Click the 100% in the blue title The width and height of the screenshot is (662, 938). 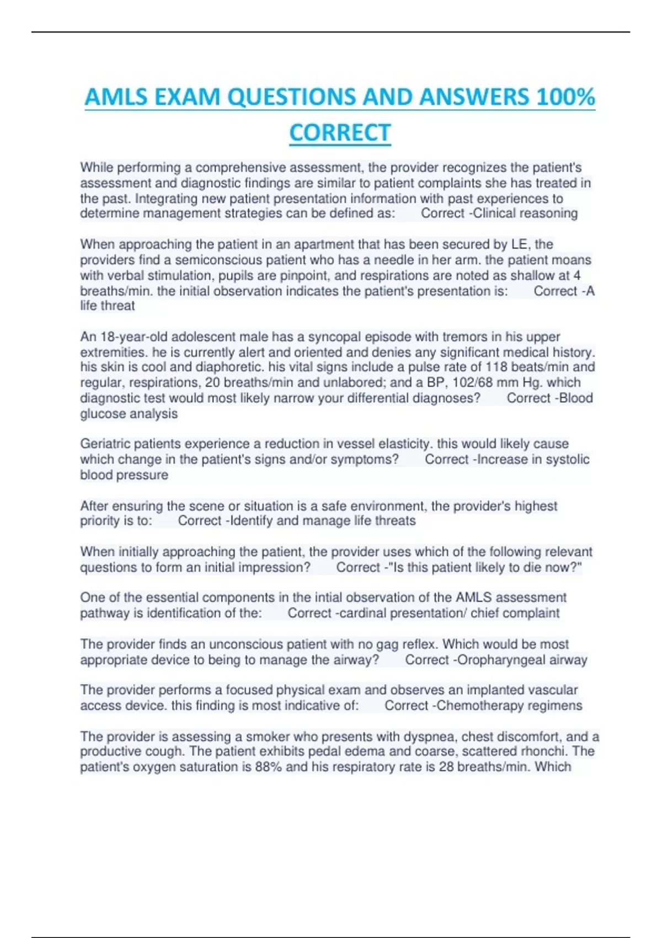pyautogui.click(x=565, y=97)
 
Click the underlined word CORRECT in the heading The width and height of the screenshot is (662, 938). pyautogui.click(x=340, y=133)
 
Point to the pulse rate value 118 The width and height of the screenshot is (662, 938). pyautogui.click(x=496, y=367)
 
